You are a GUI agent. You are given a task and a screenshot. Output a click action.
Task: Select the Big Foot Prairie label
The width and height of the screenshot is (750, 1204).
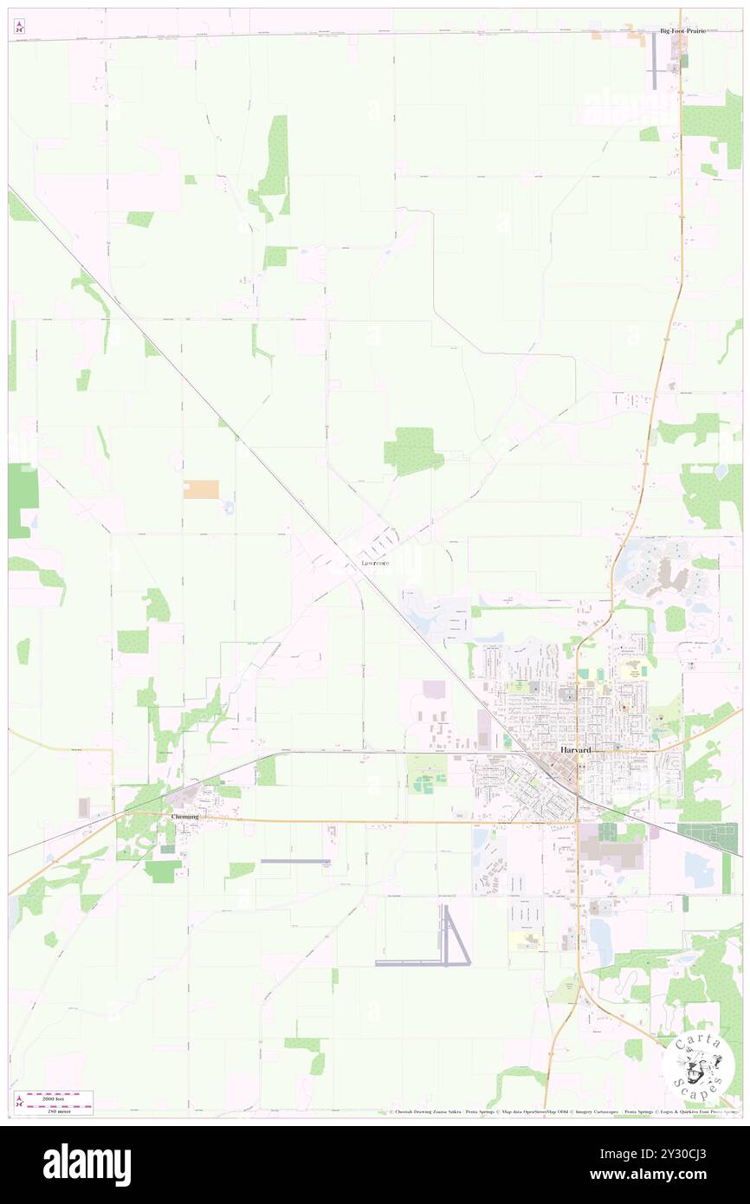[682, 30]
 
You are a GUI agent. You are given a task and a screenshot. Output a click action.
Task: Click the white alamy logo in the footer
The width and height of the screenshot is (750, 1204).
[87, 1164]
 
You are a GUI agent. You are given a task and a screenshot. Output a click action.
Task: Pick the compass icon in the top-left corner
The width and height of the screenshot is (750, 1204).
[19, 27]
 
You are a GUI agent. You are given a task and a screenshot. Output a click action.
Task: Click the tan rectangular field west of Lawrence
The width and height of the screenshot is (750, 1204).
[201, 489]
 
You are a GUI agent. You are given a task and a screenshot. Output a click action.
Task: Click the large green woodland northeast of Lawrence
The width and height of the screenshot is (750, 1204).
[412, 451]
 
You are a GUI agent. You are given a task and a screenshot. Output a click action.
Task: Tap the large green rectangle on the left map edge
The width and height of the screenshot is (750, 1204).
[23, 500]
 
